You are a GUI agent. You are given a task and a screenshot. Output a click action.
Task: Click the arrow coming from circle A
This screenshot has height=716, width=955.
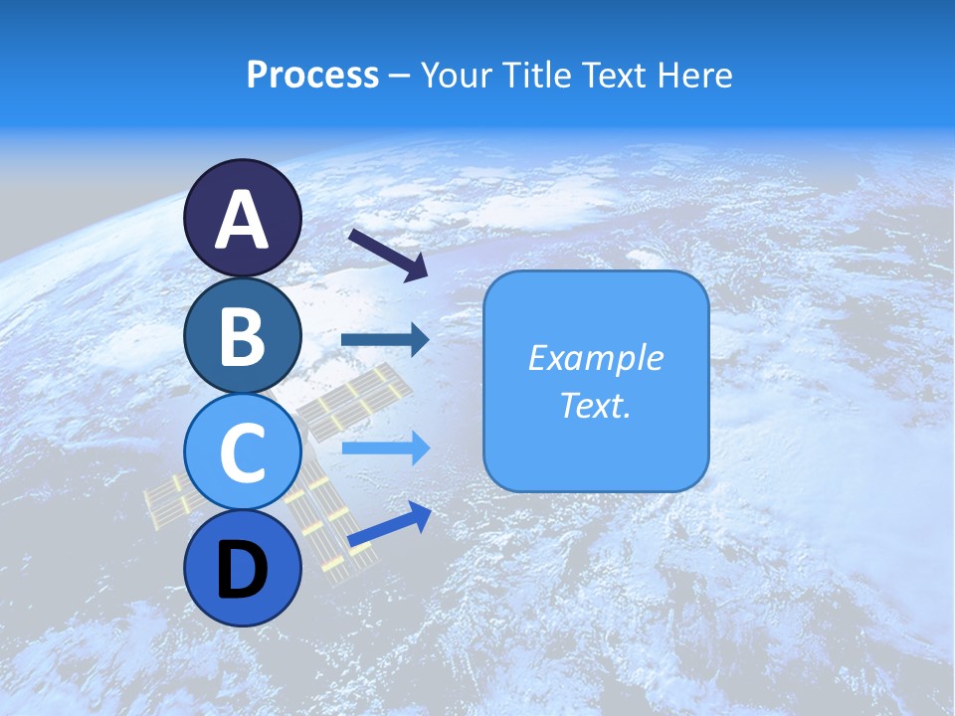click(388, 255)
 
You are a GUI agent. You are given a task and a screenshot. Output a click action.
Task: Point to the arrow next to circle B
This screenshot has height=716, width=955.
click(385, 340)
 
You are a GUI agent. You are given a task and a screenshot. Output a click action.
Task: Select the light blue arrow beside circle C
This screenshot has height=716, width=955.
click(385, 447)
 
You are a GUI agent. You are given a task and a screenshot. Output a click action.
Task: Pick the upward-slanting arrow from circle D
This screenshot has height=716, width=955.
click(389, 524)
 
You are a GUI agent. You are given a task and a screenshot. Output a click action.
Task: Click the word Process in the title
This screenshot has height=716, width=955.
click(312, 76)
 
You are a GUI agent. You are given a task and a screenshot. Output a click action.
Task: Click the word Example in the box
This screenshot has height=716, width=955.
click(596, 358)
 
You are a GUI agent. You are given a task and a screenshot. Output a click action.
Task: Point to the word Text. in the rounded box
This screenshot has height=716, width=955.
click(596, 405)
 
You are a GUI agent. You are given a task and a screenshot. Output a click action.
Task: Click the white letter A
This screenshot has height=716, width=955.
click(243, 221)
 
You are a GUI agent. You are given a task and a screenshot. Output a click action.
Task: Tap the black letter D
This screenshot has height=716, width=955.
click(243, 571)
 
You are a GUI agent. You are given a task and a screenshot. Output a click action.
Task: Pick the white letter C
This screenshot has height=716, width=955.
click(243, 452)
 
